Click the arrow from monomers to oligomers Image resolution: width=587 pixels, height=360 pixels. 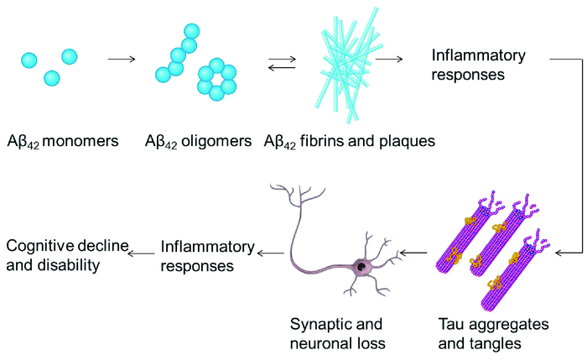[122, 59]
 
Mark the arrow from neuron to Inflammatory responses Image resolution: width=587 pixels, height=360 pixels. [271, 249]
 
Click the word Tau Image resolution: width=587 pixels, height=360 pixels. [453, 323]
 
